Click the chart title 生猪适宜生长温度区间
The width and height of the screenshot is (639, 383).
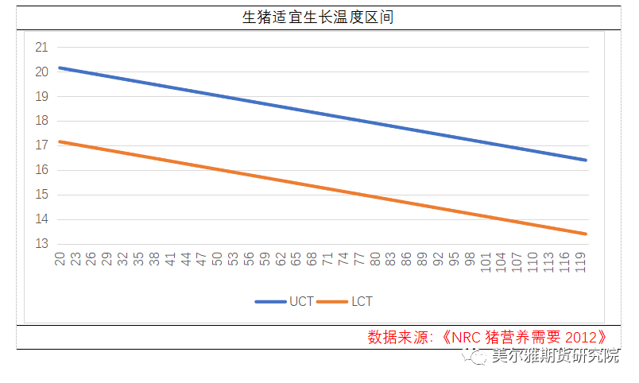(x=318, y=17)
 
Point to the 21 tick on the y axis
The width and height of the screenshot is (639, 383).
(x=41, y=47)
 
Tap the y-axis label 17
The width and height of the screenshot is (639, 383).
(x=41, y=145)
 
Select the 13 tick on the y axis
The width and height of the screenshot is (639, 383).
(x=41, y=244)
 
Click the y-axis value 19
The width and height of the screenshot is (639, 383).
(x=41, y=96)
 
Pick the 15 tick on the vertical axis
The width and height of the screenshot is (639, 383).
(x=41, y=195)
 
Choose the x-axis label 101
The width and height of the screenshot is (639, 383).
(x=486, y=261)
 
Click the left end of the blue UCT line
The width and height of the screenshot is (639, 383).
(x=60, y=68)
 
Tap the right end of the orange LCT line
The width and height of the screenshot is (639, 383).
(x=585, y=234)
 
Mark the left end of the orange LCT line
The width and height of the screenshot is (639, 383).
(x=60, y=141)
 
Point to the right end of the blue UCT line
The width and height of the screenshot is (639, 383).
(x=585, y=160)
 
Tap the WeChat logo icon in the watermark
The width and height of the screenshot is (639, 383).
(x=479, y=358)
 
